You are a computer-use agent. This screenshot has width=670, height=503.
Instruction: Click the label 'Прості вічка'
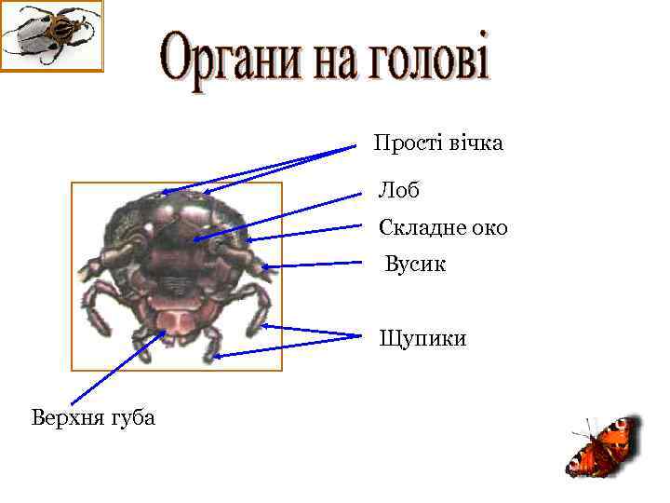[437, 143]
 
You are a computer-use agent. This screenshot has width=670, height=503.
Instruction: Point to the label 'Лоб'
[398, 191]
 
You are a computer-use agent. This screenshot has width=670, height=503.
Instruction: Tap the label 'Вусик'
[416, 265]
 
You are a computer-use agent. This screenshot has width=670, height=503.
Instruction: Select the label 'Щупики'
[422, 338]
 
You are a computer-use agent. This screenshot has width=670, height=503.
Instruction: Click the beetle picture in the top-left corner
[51, 35]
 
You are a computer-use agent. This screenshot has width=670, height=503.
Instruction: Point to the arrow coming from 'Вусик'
[312, 265]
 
